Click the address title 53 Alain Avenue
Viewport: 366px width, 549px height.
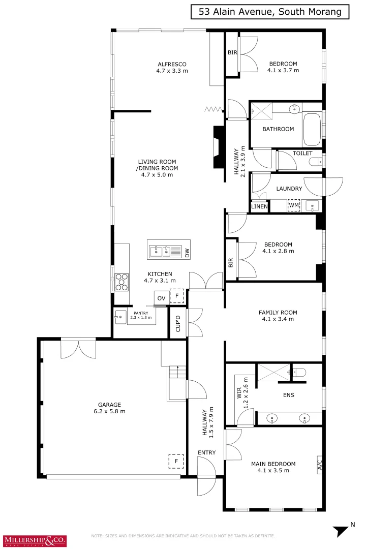[270, 12]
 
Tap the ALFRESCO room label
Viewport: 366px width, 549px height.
[172, 64]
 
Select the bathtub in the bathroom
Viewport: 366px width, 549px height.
[312, 129]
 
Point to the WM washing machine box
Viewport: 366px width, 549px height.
[294, 205]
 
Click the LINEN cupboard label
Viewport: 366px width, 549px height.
[260, 206]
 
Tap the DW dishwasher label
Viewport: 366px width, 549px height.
[187, 253]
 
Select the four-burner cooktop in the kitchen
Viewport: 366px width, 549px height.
[121, 282]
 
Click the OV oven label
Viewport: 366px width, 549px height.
[162, 298]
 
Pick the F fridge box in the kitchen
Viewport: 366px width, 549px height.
[177, 296]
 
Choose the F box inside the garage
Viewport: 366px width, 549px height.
[176, 461]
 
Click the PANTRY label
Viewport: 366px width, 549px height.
[141, 313]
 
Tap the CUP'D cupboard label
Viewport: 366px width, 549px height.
[178, 323]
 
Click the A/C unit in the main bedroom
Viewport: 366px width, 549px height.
[319, 465]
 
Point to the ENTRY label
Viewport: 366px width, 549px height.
[207, 452]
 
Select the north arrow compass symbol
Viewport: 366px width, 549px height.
[341, 530]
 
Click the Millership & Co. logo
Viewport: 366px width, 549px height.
[35, 540]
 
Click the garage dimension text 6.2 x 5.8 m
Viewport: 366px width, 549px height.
[110, 411]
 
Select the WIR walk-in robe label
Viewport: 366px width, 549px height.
[239, 393]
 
